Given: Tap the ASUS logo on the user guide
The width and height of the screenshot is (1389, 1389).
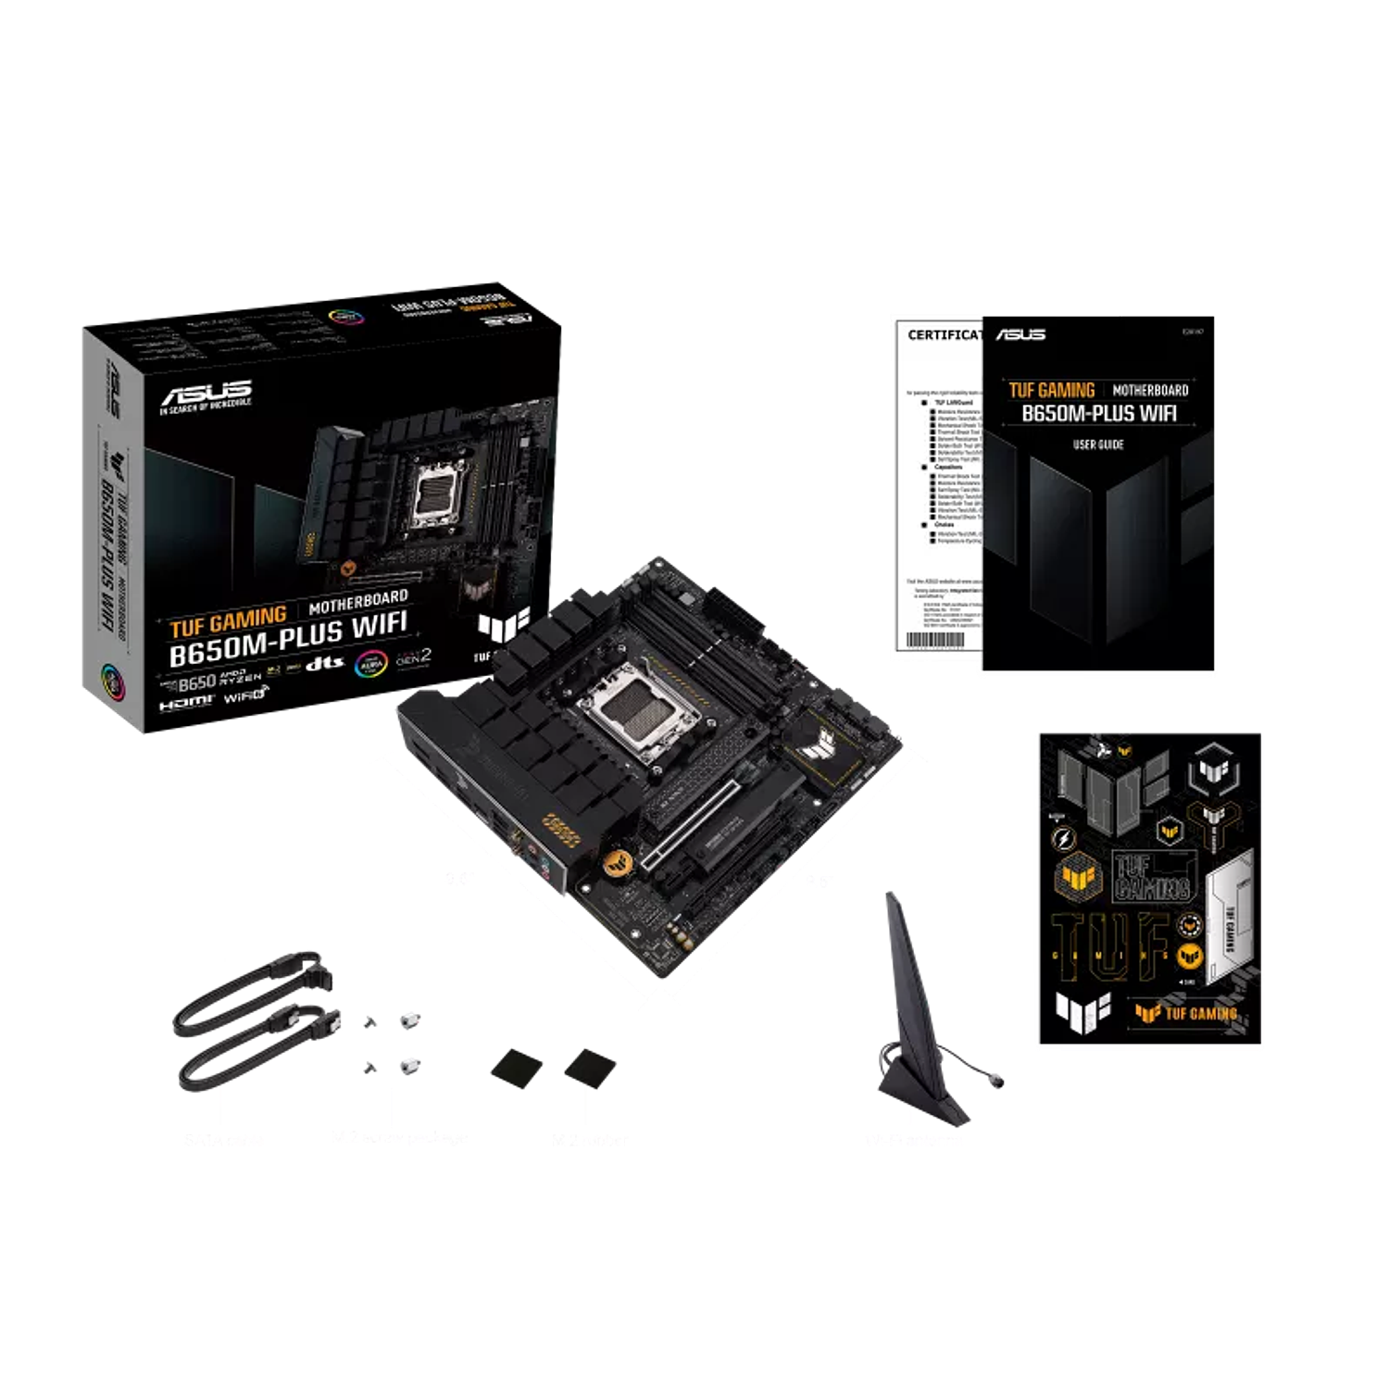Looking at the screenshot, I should pyautogui.click(x=1020, y=334).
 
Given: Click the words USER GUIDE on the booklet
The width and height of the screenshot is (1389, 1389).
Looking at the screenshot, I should pyautogui.click(x=1098, y=444).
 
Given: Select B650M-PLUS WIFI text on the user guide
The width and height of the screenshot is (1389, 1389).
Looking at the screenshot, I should pyautogui.click(x=1099, y=413).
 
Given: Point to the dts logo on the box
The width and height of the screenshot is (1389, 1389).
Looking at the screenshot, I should pyautogui.click(x=325, y=663).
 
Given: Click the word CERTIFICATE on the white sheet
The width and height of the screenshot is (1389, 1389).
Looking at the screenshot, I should pyautogui.click(x=945, y=334).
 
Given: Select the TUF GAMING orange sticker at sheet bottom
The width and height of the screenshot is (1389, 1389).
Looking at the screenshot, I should pyautogui.click(x=1187, y=1012).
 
